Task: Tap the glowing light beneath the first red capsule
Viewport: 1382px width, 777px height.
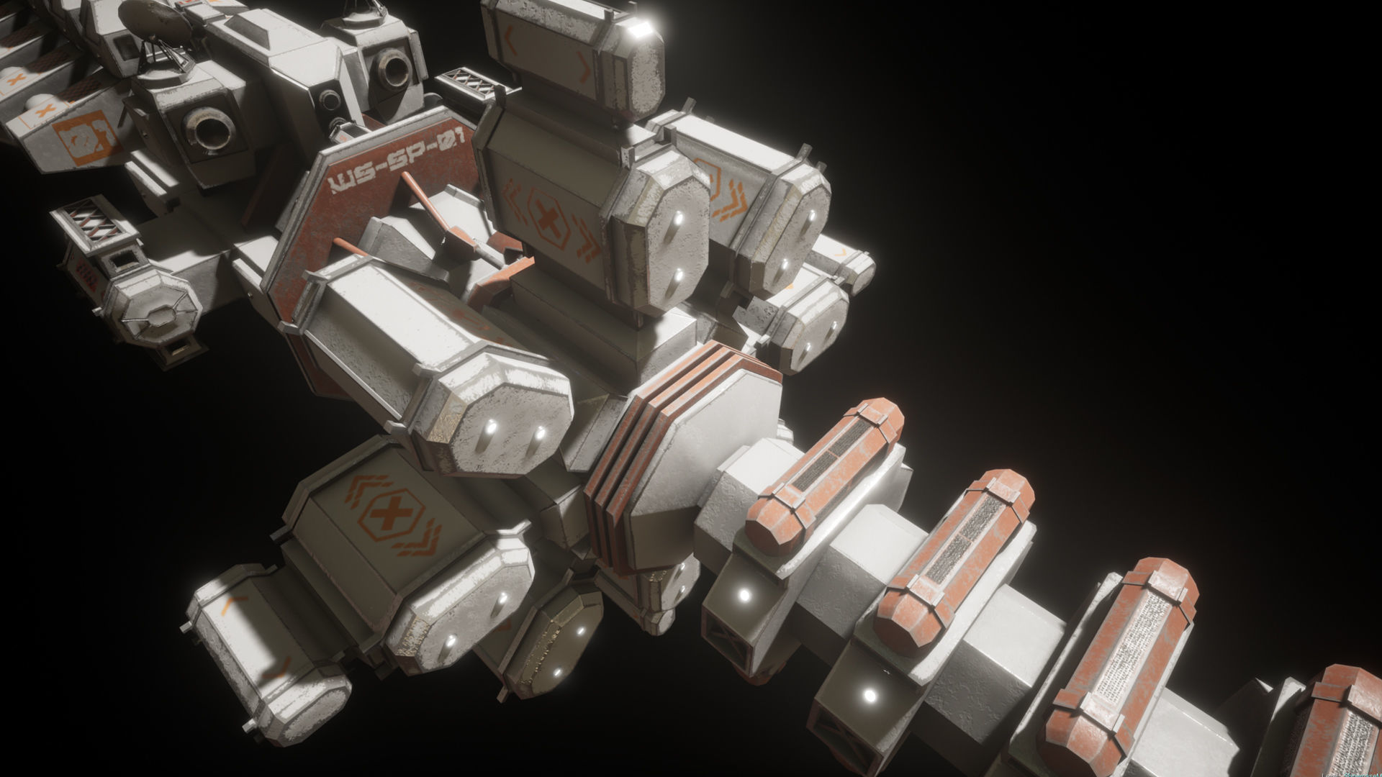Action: tap(744, 595)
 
